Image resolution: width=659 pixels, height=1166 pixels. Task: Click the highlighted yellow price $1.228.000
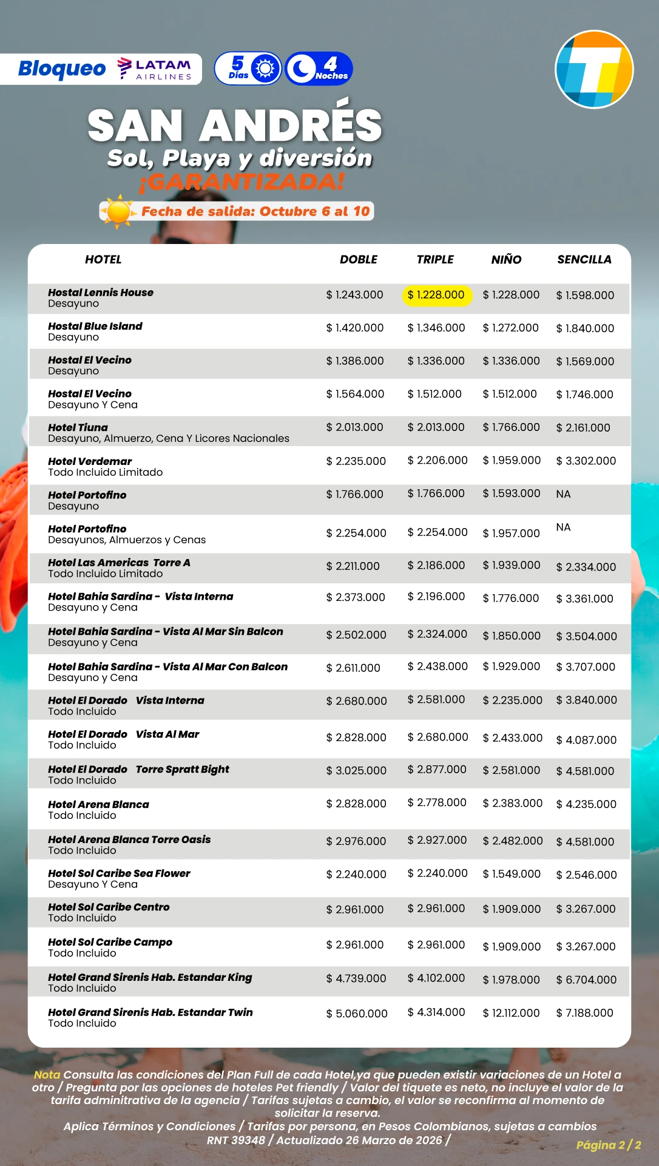coord(436,295)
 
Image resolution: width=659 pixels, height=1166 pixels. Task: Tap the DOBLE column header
coord(358,259)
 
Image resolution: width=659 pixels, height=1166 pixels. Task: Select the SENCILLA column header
coord(584,259)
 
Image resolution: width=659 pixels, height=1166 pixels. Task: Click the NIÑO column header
coord(506,259)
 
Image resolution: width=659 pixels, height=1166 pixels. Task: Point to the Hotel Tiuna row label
coord(78,427)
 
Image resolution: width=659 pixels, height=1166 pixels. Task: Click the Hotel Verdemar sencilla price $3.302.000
coord(586,461)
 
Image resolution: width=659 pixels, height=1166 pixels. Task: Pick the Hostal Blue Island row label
coord(95,326)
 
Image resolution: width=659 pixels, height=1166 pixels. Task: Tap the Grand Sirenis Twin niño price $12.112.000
coord(511,1013)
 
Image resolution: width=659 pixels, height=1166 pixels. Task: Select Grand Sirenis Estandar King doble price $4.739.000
coord(356,978)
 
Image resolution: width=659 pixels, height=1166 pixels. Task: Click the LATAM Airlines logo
coord(155,69)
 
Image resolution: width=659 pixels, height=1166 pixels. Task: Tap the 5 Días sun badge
coord(248,69)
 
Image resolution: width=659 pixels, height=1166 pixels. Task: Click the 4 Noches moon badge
coord(319,69)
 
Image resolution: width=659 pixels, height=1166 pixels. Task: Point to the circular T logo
coord(594,69)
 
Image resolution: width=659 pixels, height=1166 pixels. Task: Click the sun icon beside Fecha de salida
coord(118,212)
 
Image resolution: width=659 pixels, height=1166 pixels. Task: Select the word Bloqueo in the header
coord(62,69)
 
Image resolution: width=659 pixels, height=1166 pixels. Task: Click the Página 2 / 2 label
coord(608,1145)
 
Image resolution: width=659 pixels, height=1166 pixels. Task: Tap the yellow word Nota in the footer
coord(47,1074)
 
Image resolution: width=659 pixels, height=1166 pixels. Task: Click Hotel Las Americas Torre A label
coord(119,563)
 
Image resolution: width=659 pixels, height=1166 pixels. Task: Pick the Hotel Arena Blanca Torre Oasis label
coord(129,839)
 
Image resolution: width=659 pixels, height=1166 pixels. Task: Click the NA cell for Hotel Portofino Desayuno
coord(563,494)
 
